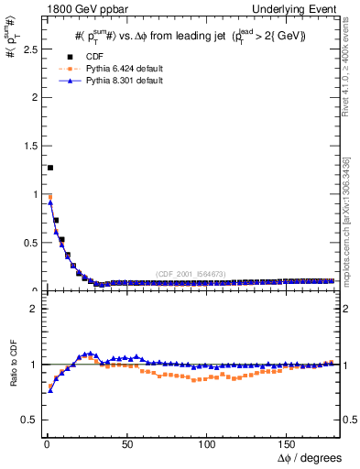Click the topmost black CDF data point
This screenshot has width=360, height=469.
[50, 168]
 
